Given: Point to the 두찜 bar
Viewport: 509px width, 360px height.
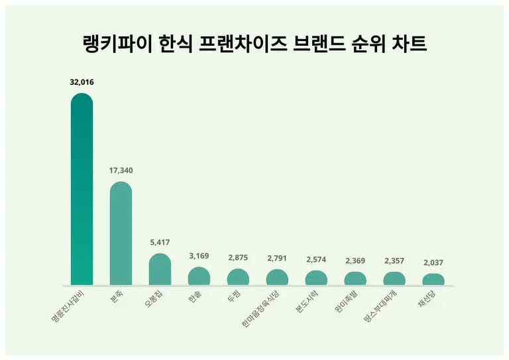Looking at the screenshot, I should [x=238, y=277].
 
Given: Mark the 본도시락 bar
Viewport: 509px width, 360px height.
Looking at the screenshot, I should [x=316, y=278].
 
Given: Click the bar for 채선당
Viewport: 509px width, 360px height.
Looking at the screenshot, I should [x=433, y=280].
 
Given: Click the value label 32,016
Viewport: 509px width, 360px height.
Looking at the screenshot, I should [x=82, y=83].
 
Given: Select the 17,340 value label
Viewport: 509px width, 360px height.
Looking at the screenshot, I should [x=121, y=170].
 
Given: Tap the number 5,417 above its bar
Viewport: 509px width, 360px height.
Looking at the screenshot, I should [x=160, y=243].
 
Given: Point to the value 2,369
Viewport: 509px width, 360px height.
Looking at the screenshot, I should [x=355, y=261].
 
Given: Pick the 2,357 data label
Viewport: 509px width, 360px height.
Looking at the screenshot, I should [x=394, y=261].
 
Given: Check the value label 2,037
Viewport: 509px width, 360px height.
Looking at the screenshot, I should [x=433, y=263].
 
